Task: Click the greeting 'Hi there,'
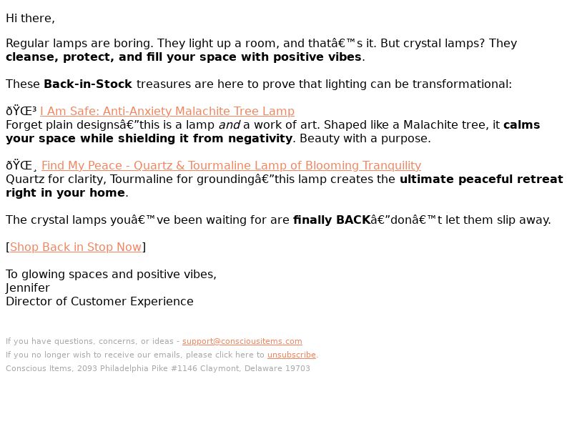(30, 19)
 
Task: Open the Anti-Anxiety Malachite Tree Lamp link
(167, 111)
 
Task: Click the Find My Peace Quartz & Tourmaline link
(231, 165)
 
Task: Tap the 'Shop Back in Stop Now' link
(76, 247)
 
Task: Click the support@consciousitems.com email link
(242, 341)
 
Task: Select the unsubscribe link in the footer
(292, 355)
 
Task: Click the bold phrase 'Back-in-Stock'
(88, 84)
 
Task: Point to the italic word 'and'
(229, 124)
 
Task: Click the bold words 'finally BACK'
(332, 220)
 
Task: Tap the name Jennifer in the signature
(28, 288)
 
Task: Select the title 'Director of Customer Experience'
(99, 301)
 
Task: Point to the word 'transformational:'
(462, 84)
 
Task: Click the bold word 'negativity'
(260, 138)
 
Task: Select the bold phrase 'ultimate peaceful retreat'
(481, 179)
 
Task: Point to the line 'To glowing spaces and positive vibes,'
(112, 275)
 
